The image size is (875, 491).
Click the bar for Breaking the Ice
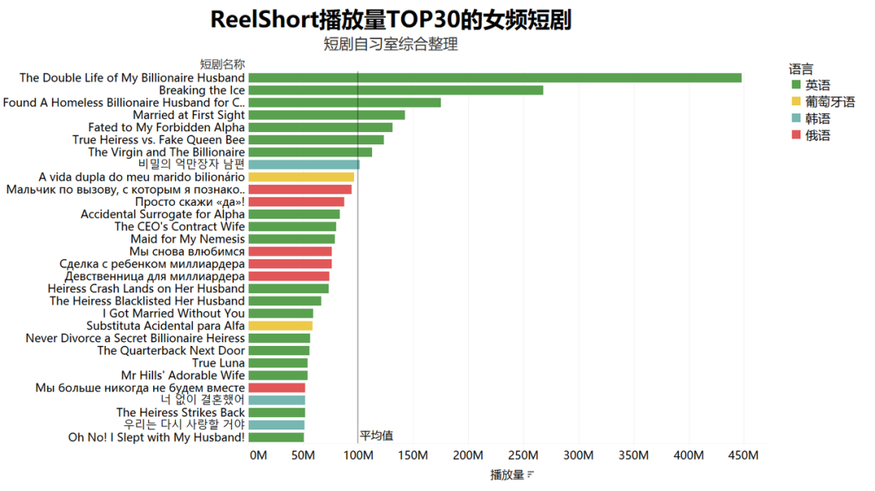(395, 90)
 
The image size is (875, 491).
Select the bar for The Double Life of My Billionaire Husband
(494, 78)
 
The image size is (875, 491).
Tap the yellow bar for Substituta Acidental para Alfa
(280, 326)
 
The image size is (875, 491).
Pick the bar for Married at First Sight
(327, 115)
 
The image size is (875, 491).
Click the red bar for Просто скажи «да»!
(296, 202)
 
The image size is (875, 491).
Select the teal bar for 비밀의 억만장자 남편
(304, 164)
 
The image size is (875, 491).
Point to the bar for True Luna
(278, 363)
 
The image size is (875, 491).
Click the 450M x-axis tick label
(743, 455)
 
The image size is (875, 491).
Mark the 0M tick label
(258, 455)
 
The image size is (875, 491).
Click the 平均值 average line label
(377, 435)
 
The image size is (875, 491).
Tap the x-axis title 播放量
(507, 475)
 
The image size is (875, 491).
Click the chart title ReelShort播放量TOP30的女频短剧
(391, 19)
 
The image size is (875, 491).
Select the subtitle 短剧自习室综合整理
(391, 45)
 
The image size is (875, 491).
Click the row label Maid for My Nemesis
(187, 239)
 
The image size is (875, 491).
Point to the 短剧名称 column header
(222, 64)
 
